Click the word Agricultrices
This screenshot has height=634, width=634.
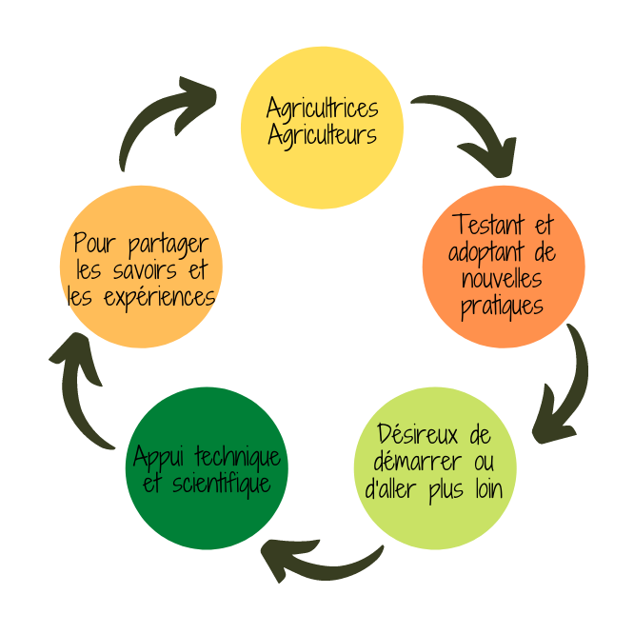point(322,107)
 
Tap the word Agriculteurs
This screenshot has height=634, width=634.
point(322,135)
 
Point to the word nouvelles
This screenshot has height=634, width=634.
point(502,280)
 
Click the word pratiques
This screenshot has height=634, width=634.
point(502,307)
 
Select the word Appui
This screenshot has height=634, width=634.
point(158,457)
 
